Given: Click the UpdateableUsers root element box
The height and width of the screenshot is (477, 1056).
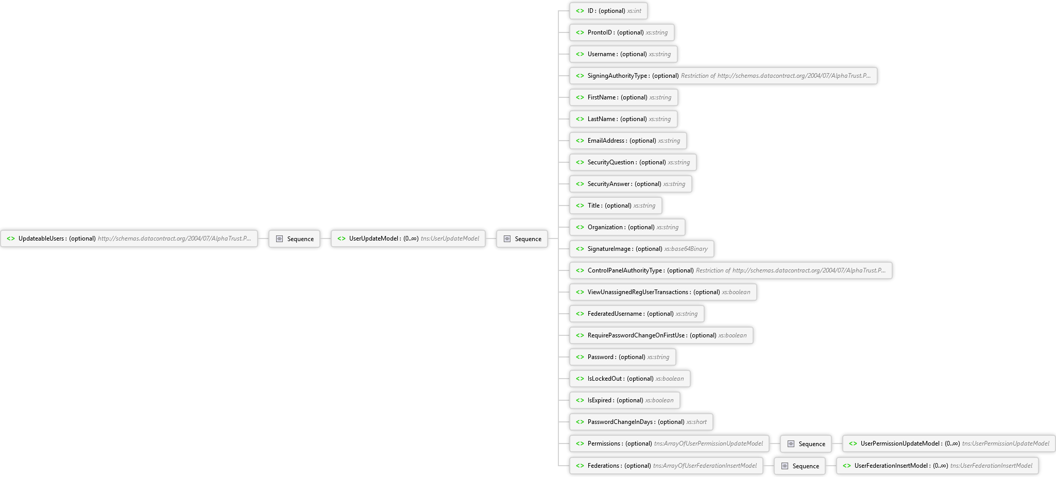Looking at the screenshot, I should tap(129, 238).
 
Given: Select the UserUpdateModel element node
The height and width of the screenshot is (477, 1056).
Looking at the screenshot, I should tap(408, 238).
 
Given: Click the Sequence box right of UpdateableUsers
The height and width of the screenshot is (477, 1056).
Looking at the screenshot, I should tap(295, 238).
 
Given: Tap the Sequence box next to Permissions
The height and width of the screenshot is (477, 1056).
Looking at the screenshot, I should tap(806, 444).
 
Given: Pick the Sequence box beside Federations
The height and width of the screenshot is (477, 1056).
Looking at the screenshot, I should tap(800, 466).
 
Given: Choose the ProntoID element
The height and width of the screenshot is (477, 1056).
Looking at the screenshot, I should tap(622, 32).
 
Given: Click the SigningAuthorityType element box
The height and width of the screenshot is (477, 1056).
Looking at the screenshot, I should tap(723, 76).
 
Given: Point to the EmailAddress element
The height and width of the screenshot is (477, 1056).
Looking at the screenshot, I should tap(628, 141).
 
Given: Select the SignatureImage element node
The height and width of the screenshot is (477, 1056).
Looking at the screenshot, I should tap(641, 249).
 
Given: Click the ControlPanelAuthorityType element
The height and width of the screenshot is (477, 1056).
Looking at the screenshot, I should tap(731, 270).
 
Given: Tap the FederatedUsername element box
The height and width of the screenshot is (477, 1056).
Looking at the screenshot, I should tap(637, 314).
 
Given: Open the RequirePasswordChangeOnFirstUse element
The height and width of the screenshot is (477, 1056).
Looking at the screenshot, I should tap(661, 335).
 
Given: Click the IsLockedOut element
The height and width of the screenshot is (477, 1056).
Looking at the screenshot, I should tap(629, 379).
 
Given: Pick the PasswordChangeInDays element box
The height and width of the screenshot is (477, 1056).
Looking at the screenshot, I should tap(641, 422).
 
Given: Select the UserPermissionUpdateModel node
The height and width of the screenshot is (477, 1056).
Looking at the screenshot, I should tap(948, 444).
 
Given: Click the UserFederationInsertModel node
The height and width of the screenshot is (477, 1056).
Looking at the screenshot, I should tap(938, 466).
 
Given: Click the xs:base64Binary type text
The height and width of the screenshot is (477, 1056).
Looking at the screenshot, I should tap(686, 249).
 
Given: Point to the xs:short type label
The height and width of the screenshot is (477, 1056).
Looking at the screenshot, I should tap(696, 422).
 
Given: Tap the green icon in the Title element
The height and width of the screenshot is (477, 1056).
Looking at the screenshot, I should tap(580, 206).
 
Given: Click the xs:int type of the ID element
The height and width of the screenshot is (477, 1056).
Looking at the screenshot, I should tap(634, 11).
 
